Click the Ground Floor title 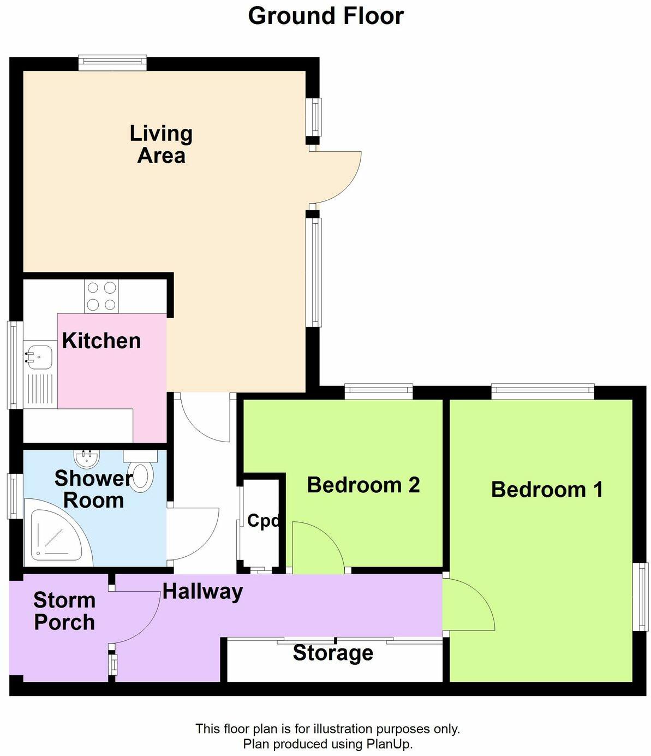[325, 16]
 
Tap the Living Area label [161, 145]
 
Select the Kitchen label [101, 341]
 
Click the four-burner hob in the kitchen [101, 296]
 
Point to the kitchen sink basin [38, 358]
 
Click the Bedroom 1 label [547, 490]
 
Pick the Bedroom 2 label [363, 485]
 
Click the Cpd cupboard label [263, 521]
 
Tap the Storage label [333, 653]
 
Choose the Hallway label [202, 591]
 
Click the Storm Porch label [64, 611]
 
